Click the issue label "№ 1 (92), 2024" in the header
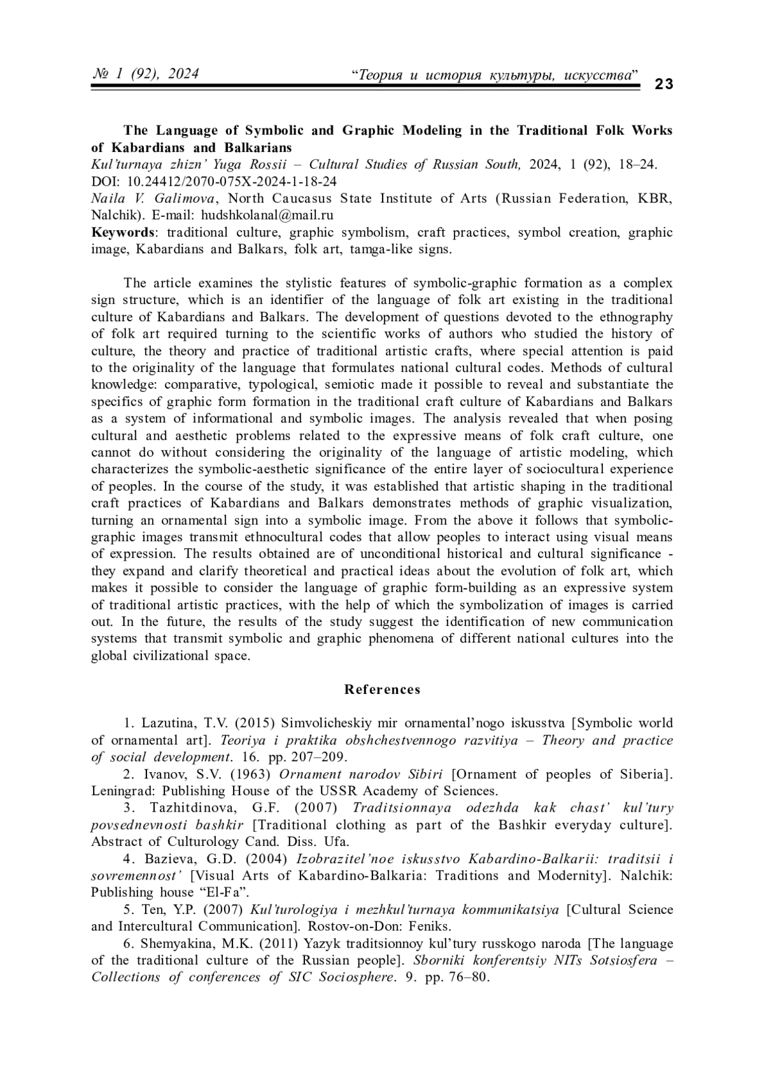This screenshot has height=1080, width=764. pos(146,74)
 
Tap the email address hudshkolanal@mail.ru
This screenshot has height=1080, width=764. pos(263,215)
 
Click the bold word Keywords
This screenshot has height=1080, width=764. pos(123,232)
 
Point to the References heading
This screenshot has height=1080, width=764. pos(382,689)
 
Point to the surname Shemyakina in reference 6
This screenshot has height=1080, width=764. pos(181,943)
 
